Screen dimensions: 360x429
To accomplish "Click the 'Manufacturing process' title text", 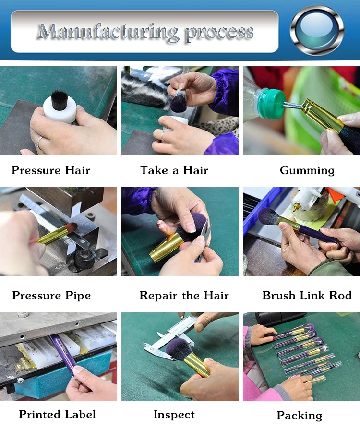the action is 145,33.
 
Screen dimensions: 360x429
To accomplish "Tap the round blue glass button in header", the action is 317,30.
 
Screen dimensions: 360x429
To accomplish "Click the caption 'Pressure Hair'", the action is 51,170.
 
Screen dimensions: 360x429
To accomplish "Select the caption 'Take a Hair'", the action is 174,170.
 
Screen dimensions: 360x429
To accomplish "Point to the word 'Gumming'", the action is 307,171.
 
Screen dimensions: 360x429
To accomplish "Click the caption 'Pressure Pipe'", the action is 51,296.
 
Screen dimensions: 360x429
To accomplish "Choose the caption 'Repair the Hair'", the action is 184,296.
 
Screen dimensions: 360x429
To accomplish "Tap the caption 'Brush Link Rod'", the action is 307,296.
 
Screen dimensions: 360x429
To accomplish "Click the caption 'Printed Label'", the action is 57,415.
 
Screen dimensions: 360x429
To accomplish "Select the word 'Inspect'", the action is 174,415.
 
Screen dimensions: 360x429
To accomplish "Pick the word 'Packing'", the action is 300,416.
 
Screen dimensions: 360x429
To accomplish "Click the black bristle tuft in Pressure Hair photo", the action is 60,100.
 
